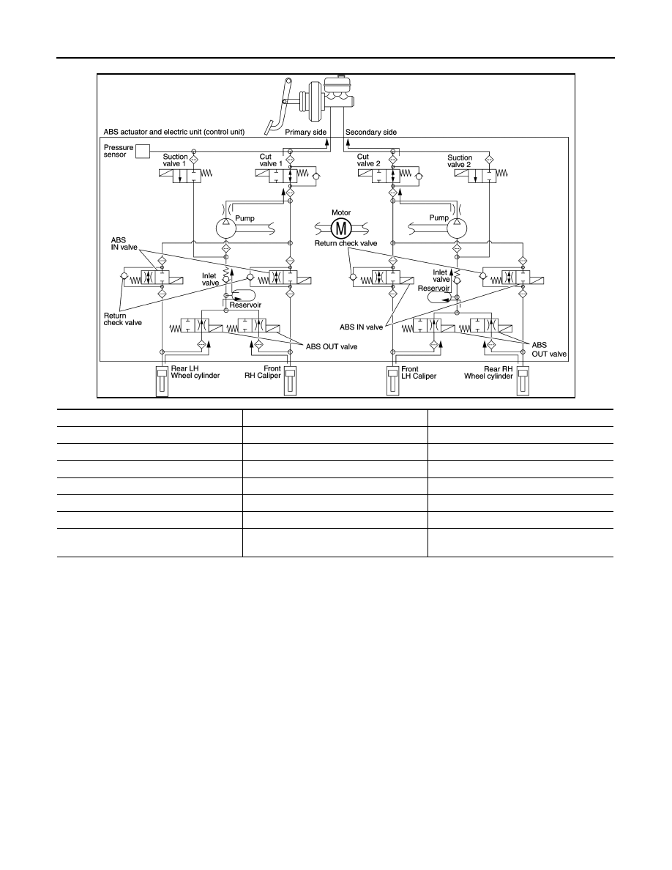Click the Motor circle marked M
(x=341, y=228)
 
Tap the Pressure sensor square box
(x=143, y=151)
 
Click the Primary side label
(x=305, y=132)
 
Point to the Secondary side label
(x=371, y=132)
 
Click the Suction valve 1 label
(x=175, y=160)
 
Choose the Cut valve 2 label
(x=369, y=160)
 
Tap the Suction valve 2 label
(x=460, y=161)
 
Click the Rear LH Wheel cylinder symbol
(x=161, y=382)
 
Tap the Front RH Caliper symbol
(x=290, y=382)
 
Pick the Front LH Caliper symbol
(x=392, y=382)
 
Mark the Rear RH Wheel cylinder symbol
(x=522, y=382)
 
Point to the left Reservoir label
(x=246, y=305)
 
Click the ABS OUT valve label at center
(x=332, y=347)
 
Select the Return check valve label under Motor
(x=346, y=243)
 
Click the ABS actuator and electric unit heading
(x=174, y=132)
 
